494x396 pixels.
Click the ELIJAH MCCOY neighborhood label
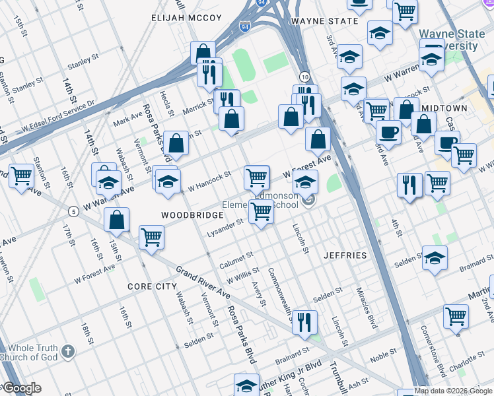pos(182,18)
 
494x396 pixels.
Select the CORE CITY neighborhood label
pos(152,286)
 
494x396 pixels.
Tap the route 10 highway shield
pos(304,77)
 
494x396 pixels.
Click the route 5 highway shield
pos(72,211)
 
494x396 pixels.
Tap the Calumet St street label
pos(237,257)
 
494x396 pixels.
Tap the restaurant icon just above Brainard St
pos(303,322)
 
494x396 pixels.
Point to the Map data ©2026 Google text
pos(453,391)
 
